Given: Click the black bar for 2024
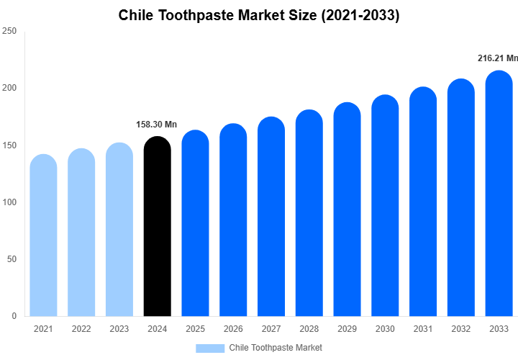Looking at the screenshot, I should click(158, 227).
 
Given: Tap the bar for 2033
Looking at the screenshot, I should click(499, 194).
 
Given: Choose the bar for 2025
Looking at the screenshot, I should click(195, 224).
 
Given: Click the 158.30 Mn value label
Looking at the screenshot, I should click(156, 125).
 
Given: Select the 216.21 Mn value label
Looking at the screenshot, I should click(497, 58).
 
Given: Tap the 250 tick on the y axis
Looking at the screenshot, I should click(9, 32).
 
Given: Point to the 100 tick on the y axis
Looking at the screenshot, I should click(9, 202).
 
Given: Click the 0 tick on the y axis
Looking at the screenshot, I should click(14, 316).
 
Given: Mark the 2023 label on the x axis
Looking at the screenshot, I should click(119, 329).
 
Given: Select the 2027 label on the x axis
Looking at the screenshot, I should click(271, 329).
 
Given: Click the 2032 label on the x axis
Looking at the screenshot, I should click(461, 329).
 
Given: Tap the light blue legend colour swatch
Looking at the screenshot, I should click(210, 348).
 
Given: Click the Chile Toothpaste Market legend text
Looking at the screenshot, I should click(276, 348).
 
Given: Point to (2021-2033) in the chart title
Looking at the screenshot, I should click(358, 15).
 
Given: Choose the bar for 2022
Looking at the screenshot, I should click(81, 233).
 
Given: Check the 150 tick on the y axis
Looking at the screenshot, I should click(9, 145).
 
